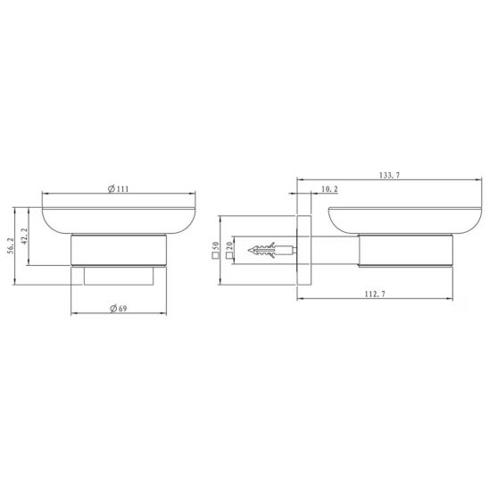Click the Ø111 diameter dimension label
point(118,188)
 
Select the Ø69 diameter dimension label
point(119,309)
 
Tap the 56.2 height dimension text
point(11,245)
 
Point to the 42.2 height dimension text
point(25,236)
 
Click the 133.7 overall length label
point(389,175)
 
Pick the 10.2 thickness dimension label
point(329,189)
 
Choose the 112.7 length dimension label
point(375,294)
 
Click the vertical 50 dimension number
point(216,246)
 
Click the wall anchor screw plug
point(272,250)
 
